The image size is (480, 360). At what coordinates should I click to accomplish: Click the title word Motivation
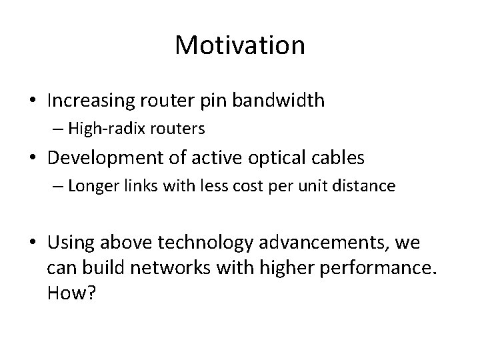pyautogui.click(x=240, y=45)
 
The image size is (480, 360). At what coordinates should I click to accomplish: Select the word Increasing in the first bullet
pyautogui.click(x=92, y=101)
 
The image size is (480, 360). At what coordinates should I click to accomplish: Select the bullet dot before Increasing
pyautogui.click(x=32, y=101)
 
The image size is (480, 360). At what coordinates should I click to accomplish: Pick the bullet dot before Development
pyautogui.click(x=32, y=159)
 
